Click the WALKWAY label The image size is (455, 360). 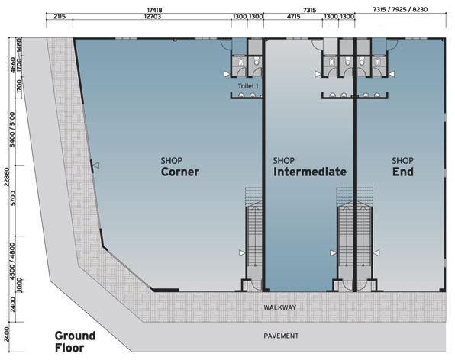(x=279, y=307)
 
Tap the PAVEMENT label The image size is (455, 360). (x=281, y=336)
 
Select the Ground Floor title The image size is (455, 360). (x=75, y=342)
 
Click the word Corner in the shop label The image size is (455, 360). (x=180, y=172)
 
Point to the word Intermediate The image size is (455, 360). (x=310, y=172)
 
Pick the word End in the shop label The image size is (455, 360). (x=403, y=172)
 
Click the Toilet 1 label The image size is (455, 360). (x=248, y=86)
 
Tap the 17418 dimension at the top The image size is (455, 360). (x=154, y=10)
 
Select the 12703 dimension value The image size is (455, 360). (x=153, y=17)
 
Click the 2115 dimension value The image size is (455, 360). (x=60, y=17)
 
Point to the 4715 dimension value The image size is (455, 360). (x=293, y=17)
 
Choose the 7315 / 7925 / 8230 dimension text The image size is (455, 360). (x=400, y=10)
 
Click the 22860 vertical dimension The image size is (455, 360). (x=6, y=176)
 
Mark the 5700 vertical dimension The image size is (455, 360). (x=13, y=198)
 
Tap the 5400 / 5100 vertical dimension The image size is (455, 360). (x=13, y=130)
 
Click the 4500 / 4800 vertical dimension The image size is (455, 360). (x=12, y=262)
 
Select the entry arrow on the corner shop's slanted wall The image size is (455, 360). (x=96, y=166)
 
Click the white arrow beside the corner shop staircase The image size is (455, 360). (x=242, y=253)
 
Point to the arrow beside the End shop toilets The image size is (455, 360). (x=392, y=74)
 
